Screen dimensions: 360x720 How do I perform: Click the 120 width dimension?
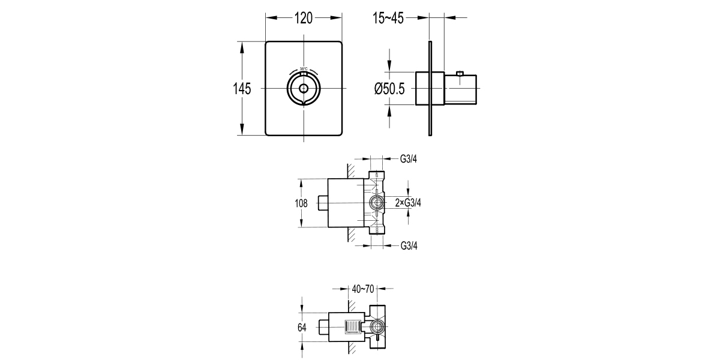click(x=304, y=19)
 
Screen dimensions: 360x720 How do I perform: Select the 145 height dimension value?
click(x=241, y=89)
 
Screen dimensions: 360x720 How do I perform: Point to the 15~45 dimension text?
click(x=388, y=19)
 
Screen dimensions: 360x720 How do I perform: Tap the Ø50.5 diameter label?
click(x=390, y=89)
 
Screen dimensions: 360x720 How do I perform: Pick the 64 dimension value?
click(x=301, y=328)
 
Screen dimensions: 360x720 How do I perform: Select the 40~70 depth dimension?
click(x=363, y=289)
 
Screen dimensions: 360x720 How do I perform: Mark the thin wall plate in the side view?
click(x=430, y=89)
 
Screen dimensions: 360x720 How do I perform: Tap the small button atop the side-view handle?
click(x=460, y=74)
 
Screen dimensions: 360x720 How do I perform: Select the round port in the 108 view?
click(x=376, y=203)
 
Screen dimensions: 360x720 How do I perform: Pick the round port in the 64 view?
click(x=377, y=327)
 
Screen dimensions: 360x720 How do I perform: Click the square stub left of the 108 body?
click(x=323, y=203)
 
